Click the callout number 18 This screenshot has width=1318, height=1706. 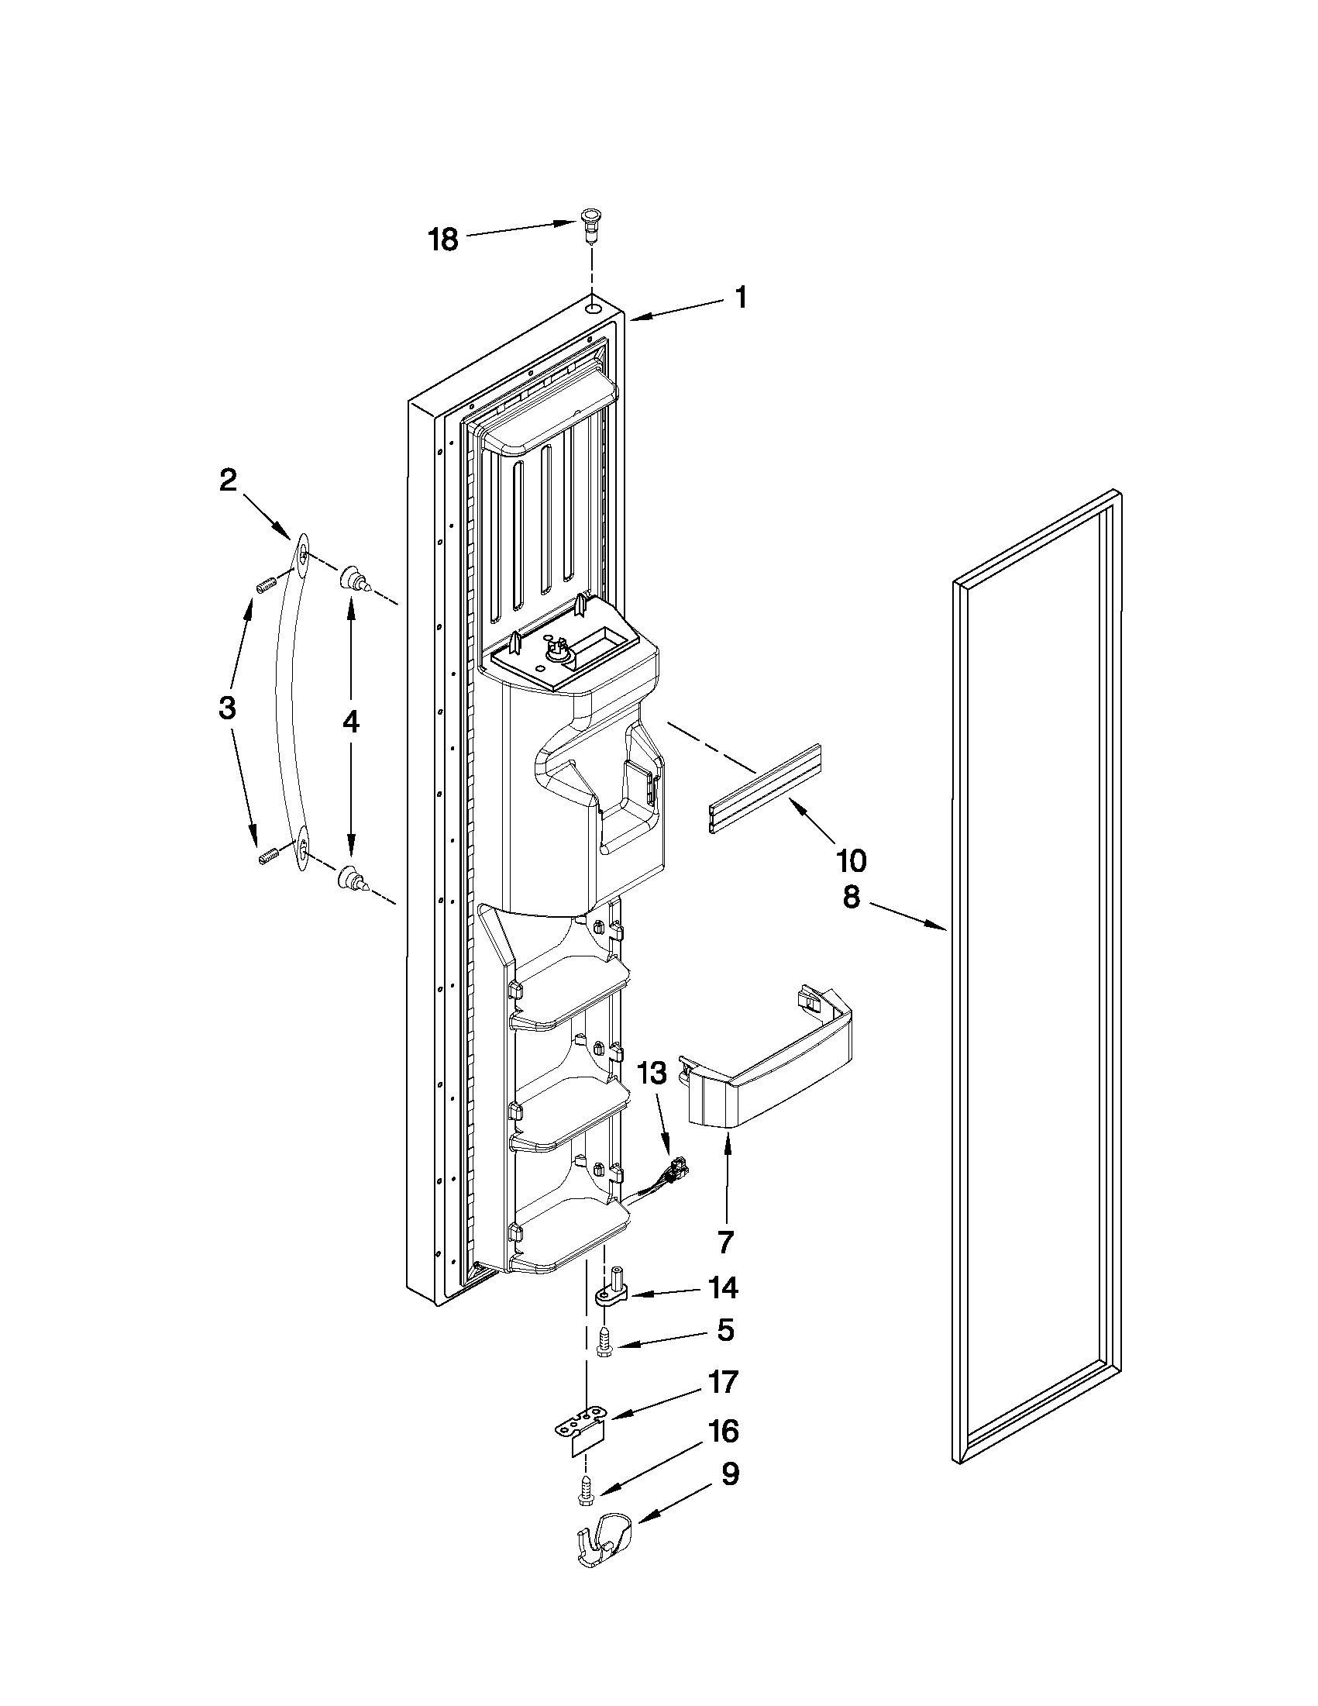click(443, 239)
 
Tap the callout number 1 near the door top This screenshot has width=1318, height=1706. click(740, 298)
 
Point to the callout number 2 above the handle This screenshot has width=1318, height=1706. click(227, 481)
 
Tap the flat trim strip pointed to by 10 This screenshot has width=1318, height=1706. click(766, 789)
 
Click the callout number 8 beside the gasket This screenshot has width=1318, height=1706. click(851, 898)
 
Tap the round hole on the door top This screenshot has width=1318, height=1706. click(595, 308)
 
